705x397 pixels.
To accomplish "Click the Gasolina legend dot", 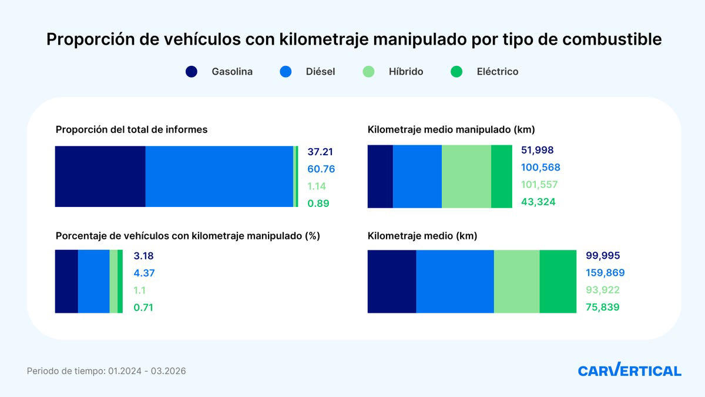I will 192,72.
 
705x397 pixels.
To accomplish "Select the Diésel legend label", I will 320,72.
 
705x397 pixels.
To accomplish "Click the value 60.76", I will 321,169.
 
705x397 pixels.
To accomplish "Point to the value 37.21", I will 320,152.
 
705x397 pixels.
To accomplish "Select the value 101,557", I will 539,185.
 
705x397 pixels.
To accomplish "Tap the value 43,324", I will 538,202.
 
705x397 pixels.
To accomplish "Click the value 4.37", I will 144,273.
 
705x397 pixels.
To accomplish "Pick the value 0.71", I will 143,307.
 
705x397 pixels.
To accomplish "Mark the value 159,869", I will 605,273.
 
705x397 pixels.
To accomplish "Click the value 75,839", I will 603,307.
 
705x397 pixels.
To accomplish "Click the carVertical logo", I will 629,371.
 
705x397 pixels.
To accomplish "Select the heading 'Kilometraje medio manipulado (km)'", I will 451,129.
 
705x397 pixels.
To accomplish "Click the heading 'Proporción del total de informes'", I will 132,129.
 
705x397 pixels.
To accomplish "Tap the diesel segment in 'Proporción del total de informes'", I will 219,176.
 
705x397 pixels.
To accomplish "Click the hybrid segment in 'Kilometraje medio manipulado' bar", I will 466,176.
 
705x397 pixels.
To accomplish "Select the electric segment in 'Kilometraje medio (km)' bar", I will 558,281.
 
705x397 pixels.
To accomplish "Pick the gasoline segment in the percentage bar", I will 66,281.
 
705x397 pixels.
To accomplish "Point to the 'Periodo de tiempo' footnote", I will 106,371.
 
